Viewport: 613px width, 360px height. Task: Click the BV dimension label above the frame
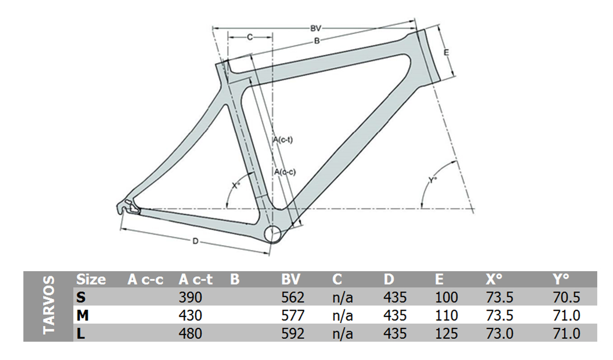click(x=315, y=28)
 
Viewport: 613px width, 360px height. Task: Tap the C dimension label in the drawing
click(x=250, y=37)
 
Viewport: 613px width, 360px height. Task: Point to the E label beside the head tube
click(x=446, y=52)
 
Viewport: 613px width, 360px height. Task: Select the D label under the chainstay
click(x=195, y=241)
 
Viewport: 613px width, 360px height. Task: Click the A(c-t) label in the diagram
click(x=283, y=140)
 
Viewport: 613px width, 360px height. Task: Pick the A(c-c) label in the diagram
click(x=285, y=172)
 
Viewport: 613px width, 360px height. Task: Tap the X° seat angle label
click(x=236, y=186)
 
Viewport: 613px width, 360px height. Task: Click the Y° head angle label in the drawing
click(x=432, y=180)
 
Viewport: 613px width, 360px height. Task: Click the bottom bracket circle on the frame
click(x=273, y=235)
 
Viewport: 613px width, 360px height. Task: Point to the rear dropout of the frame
click(x=128, y=207)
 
